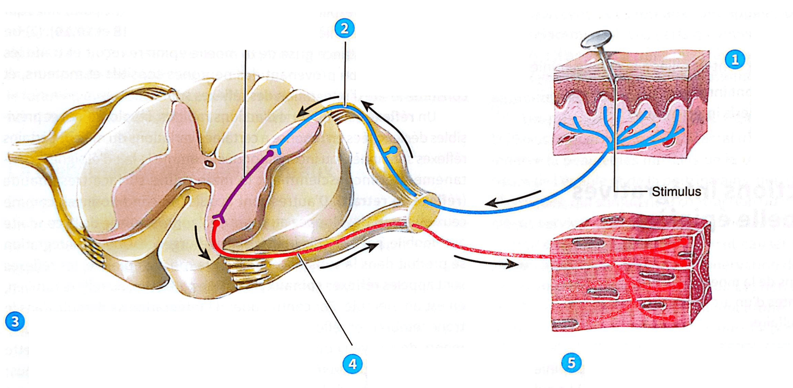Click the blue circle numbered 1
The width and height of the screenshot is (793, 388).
(735, 60)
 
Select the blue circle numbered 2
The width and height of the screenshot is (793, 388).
(344, 29)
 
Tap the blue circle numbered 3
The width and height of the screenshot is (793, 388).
(15, 321)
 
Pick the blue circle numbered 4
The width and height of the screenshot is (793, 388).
(352, 364)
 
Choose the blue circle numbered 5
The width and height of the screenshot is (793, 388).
(571, 363)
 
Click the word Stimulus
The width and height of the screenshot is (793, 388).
(676, 192)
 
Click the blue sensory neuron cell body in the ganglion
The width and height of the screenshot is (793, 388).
(393, 150)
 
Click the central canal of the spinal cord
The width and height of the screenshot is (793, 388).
(208, 163)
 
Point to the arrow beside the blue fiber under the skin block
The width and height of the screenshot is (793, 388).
(512, 198)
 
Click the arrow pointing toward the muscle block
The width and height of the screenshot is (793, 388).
(487, 261)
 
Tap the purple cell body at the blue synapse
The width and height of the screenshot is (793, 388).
(270, 153)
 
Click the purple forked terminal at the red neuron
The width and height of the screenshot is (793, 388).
(219, 217)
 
